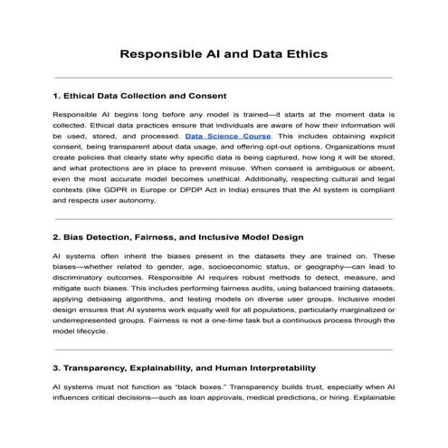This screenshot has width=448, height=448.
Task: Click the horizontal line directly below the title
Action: tap(224, 78)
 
